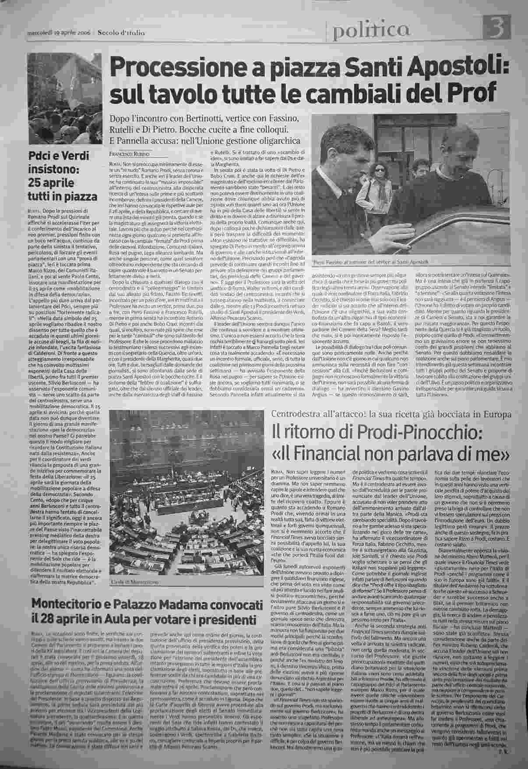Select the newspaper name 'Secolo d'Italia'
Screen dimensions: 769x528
pyautogui.click(x=121, y=32)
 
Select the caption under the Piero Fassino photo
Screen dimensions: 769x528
pyautogui.click(x=376, y=262)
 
